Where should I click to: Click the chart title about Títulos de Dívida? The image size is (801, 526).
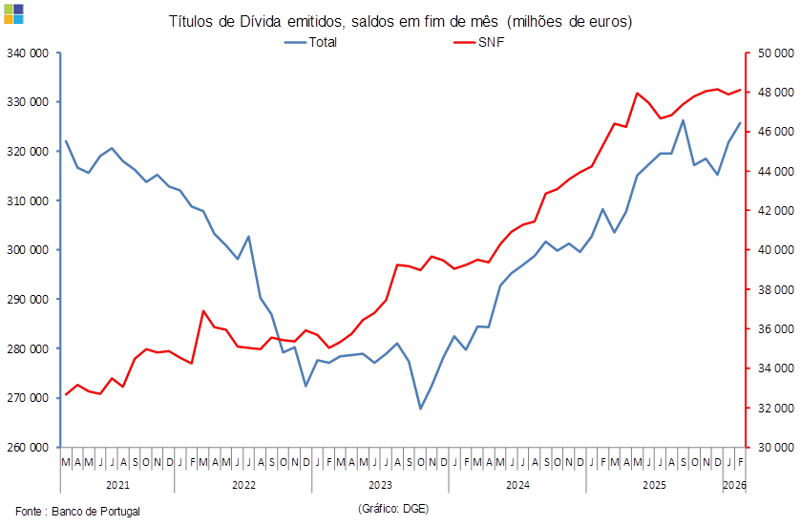point(400,21)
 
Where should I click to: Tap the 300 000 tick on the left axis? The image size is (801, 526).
point(28,249)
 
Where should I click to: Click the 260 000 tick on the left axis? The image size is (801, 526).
point(28,446)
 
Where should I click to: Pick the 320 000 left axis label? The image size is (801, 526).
point(28,151)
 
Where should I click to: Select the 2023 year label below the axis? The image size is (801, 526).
point(380,485)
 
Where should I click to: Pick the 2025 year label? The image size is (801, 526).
point(655,485)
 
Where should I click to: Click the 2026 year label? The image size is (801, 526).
point(735,485)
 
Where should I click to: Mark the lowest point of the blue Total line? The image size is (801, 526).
point(421,409)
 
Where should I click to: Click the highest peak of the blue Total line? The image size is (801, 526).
point(684,120)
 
